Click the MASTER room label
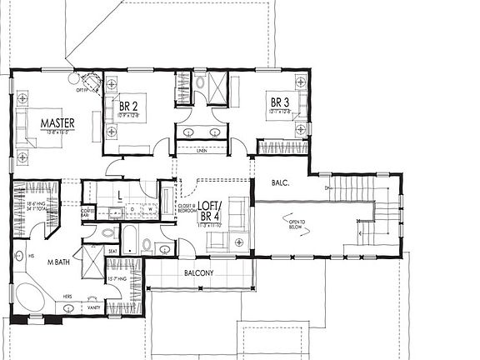pos(58,123)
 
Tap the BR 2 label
pos(128,107)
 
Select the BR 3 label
pos(279,102)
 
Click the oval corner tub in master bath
pos(31,297)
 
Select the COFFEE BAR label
pos(87,213)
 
